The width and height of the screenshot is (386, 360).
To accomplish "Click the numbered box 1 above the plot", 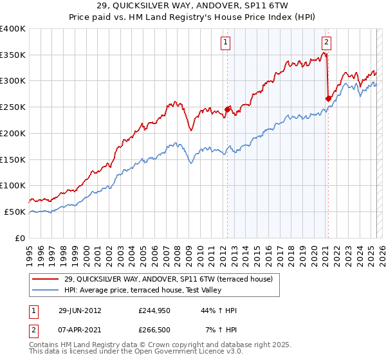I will tap(226, 43).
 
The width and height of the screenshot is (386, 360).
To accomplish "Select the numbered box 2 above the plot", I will tap(326, 43).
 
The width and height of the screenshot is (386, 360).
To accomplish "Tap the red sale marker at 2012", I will tap(227, 109).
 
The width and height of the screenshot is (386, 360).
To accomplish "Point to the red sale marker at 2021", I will tap(328, 98).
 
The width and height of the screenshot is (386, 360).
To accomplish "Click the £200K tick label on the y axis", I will tap(13, 133).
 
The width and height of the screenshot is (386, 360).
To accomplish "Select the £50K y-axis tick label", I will tap(15, 212).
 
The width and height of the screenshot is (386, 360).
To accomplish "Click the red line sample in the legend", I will tap(46, 278).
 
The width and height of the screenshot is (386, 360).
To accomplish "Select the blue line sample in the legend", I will tap(46, 290).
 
